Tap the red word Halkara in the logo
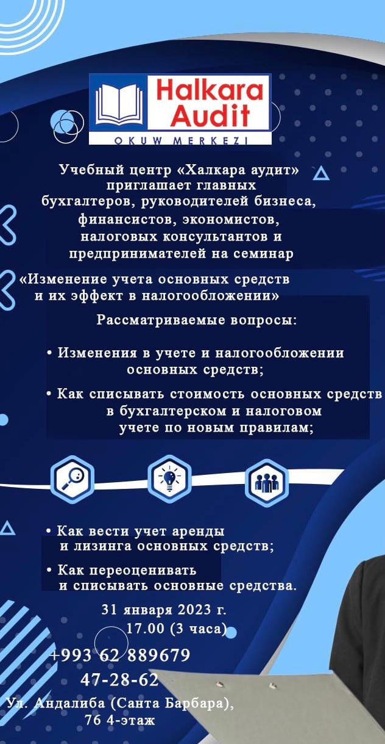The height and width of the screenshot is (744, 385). coord(210,90)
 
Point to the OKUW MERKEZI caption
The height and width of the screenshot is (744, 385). coord(181,141)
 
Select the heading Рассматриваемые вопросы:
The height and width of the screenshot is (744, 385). coord(197,321)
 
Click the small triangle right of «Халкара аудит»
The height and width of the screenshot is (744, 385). coord(321,173)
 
